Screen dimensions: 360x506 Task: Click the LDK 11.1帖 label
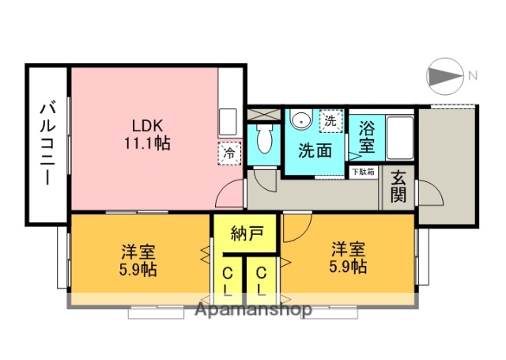click(145, 134)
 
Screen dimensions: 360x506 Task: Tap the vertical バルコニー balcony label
click(47, 143)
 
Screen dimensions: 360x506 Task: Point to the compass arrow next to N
click(444, 76)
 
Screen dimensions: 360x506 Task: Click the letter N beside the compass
click(472, 76)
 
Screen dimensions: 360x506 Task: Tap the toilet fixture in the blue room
click(264, 139)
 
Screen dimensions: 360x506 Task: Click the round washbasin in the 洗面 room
click(300, 120)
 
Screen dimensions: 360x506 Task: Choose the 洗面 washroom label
click(315, 150)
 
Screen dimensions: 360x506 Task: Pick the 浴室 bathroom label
click(367, 135)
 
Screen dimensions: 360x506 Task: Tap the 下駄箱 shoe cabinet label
click(364, 170)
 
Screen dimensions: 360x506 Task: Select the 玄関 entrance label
click(398, 188)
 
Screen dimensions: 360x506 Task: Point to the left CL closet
click(228, 279)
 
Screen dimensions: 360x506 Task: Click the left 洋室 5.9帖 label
click(138, 260)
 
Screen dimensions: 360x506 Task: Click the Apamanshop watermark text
click(254, 309)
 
